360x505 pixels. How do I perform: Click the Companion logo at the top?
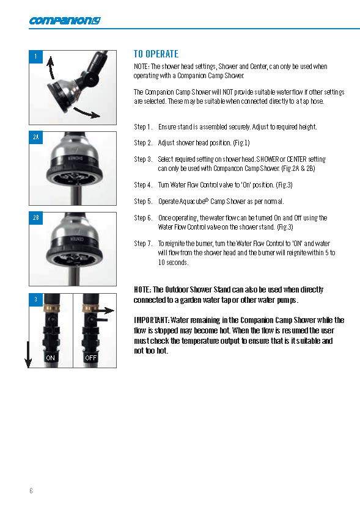[65, 21]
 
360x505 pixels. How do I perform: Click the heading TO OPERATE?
[156, 54]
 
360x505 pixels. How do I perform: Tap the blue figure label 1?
[36, 57]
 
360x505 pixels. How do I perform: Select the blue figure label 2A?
[36, 137]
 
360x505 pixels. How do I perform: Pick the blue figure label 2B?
[36, 218]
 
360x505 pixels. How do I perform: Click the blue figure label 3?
[36, 300]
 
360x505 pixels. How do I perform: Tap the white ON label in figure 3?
[50, 358]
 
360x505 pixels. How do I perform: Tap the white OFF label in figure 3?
[90, 358]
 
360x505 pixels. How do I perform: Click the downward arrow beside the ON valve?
[28, 354]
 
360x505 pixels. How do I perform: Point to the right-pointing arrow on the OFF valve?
[106, 311]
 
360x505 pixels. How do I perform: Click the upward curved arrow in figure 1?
[51, 68]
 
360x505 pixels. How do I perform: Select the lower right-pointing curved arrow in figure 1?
[87, 113]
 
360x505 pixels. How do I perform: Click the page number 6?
[31, 490]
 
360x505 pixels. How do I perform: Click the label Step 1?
[143, 127]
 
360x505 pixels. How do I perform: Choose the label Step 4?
[143, 185]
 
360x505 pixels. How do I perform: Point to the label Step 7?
[143, 244]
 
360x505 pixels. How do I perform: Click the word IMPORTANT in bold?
[152, 320]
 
